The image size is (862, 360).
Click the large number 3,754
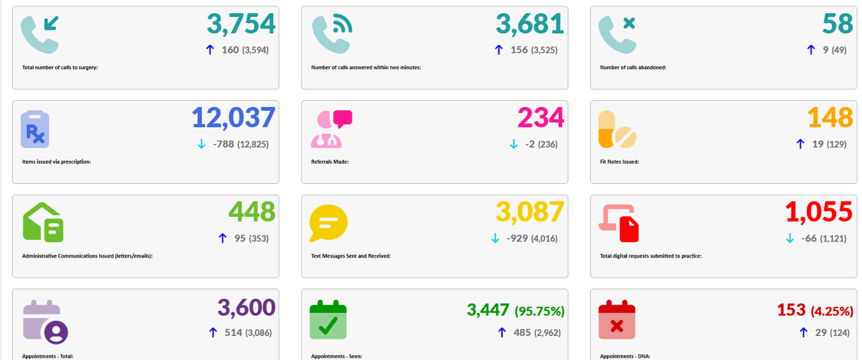coord(241,23)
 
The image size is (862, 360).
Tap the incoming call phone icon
coord(40,34)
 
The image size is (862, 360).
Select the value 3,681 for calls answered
coord(530,23)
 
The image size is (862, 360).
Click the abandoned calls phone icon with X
coord(617,34)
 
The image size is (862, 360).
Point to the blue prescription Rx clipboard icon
coord(35,129)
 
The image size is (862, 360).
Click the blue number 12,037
coord(234,118)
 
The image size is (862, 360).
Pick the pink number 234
coord(541,118)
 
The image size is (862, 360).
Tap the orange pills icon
coord(616,129)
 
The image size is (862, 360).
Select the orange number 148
coord(830,118)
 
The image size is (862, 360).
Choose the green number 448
coord(252,212)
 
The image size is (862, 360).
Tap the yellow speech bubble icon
coord(329,223)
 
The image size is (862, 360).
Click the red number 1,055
coord(819,212)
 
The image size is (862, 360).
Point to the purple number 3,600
coord(246,307)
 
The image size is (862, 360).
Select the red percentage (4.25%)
coord(832,311)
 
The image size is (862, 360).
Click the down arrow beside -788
coord(201,144)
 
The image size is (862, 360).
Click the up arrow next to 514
coord(213,333)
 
